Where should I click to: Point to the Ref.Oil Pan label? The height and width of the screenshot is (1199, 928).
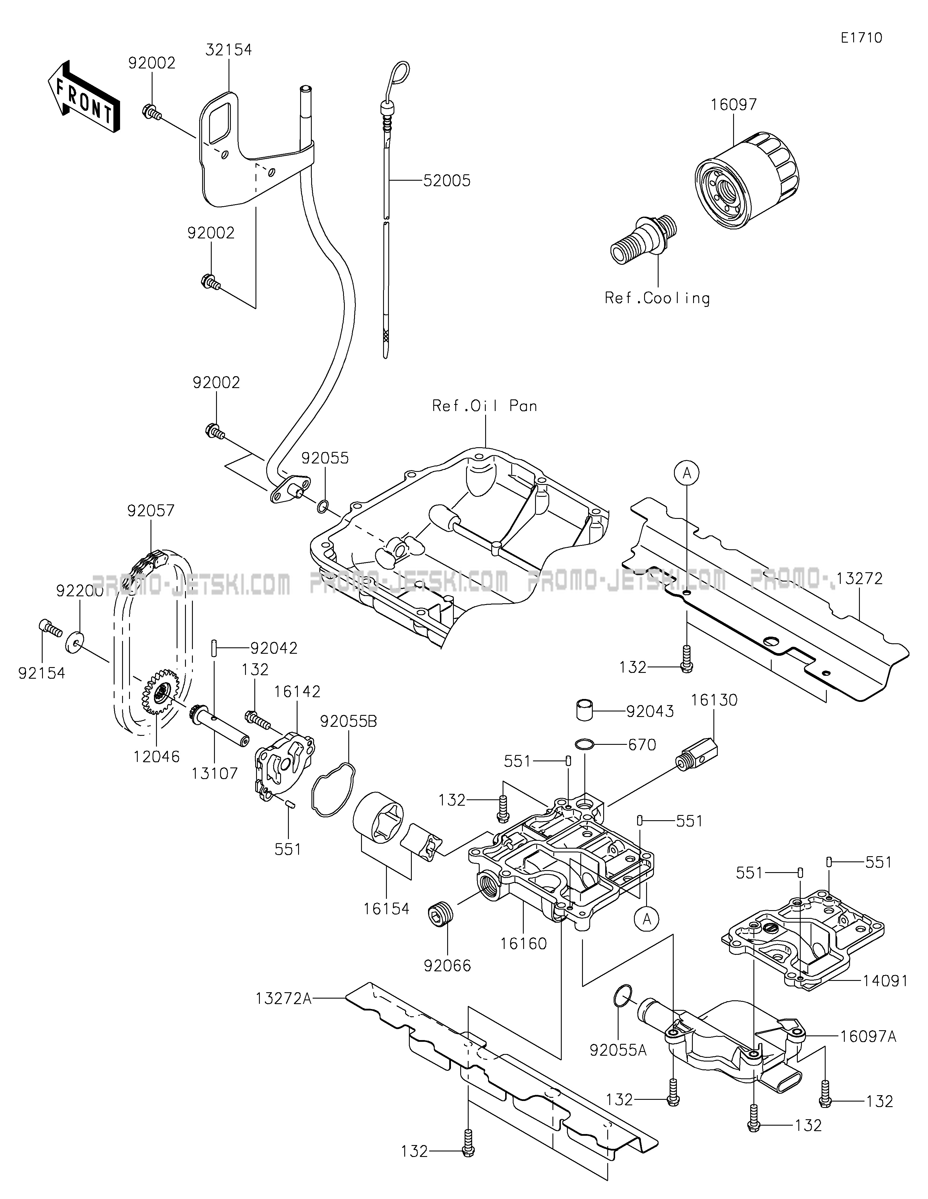(x=485, y=406)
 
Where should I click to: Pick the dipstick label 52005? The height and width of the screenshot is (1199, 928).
(x=447, y=181)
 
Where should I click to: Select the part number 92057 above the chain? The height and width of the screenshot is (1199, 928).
(x=151, y=511)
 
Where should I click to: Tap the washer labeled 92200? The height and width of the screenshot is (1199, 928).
(x=75, y=641)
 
